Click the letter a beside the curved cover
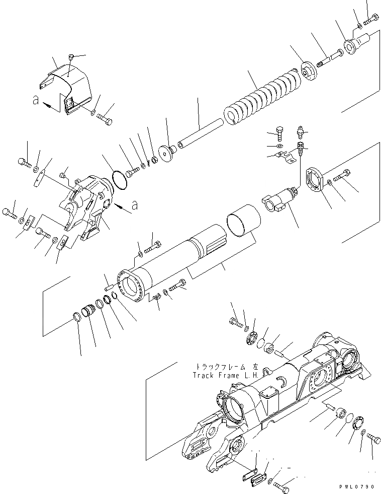(x=35, y=100)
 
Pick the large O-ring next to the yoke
(x=119, y=180)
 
